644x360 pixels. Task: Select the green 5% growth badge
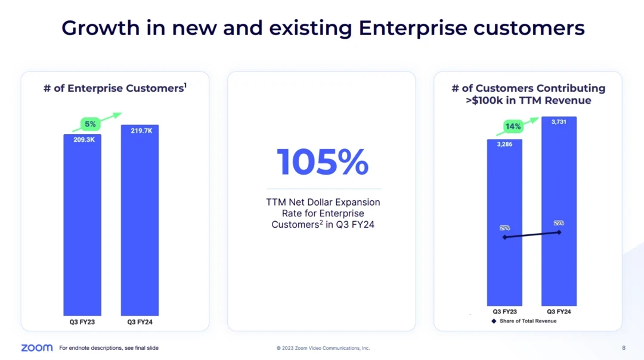pos(90,124)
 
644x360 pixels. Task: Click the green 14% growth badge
pos(513,126)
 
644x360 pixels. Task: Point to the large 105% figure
pos(322,162)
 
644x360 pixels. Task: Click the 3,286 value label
pos(504,144)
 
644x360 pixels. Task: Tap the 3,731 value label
pos(559,122)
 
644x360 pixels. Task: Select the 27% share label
pos(504,228)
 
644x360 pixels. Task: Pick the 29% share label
pos(559,223)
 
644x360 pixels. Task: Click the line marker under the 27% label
pos(504,237)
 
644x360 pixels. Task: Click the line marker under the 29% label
pos(559,232)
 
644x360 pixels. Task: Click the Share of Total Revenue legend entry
pos(524,321)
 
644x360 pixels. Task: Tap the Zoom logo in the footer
pos(36,347)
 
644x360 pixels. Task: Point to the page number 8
pos(624,347)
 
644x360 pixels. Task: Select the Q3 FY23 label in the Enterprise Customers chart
pos(82,322)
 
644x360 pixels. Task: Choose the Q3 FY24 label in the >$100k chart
pos(559,311)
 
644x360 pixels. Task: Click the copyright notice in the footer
pos(323,348)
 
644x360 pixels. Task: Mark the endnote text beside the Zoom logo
pos(109,348)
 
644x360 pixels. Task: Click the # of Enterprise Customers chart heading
pos(115,88)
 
